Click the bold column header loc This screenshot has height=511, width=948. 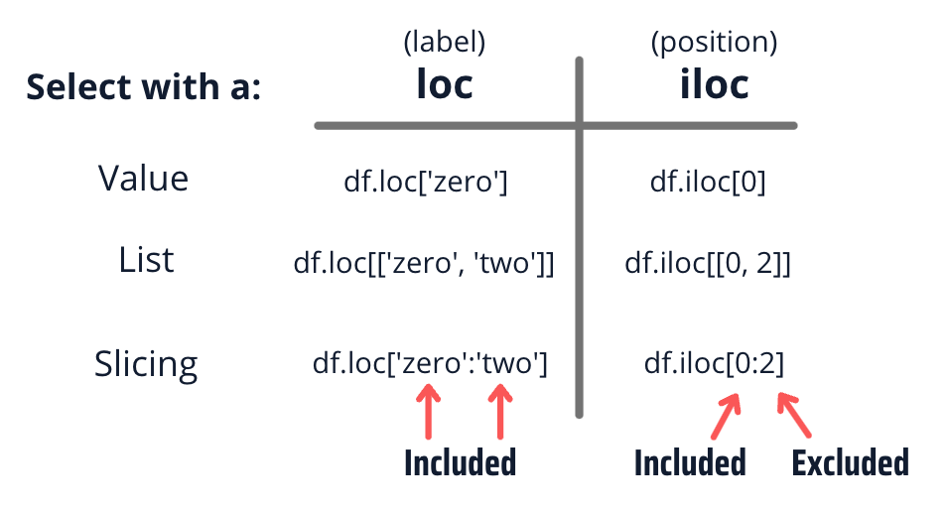pos(444,85)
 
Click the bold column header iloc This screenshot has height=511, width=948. pos(714,85)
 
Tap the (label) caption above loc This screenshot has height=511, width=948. pos(444,42)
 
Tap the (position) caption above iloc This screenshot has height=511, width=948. pos(714,42)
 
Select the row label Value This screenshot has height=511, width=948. pos(143,179)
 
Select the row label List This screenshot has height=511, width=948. pos(146,260)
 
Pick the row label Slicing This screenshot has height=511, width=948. pos(146,363)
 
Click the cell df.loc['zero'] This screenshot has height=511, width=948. pos(425,183)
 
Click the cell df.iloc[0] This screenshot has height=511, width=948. pos(708,183)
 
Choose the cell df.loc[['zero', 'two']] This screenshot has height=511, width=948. pos(425,264)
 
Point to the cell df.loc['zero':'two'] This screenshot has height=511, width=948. pos(430,364)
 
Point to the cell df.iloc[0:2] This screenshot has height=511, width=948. pos(714,364)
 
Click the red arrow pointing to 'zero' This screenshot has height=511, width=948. pos(428,411)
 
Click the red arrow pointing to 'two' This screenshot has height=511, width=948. pos(500,411)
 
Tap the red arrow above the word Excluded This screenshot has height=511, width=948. pos(794,416)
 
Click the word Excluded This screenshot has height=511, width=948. pos(849,462)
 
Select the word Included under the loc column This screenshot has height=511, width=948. pos(460,462)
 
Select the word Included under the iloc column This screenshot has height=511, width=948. pos(689,462)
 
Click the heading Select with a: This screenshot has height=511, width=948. pos(144,87)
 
